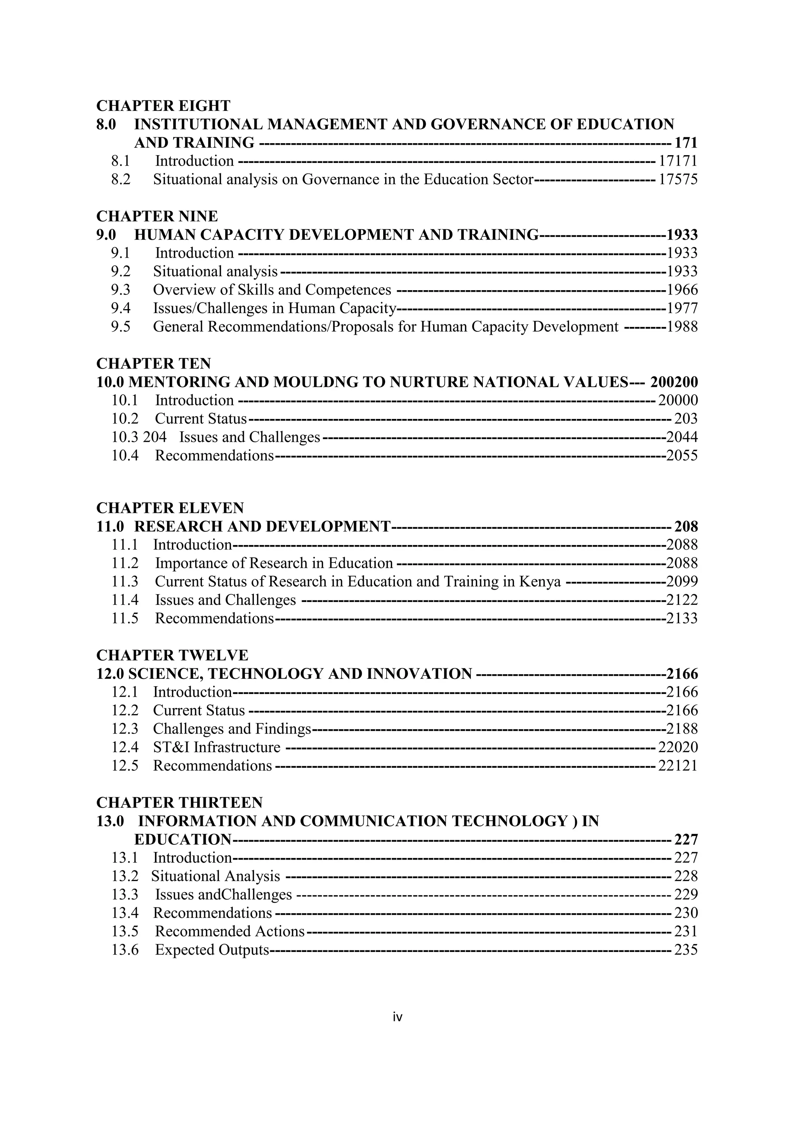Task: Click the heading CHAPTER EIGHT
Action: [x=163, y=106]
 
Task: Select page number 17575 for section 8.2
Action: [x=677, y=180]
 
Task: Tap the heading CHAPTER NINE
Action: [x=157, y=216]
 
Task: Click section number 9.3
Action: [x=120, y=290]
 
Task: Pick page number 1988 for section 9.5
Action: [x=682, y=327]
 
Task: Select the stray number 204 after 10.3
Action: [x=155, y=437]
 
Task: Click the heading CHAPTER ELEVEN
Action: [x=170, y=508]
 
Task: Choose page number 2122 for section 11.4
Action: [x=682, y=600]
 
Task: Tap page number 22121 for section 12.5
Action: [x=677, y=766]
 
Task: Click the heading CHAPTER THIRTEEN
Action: [x=179, y=803]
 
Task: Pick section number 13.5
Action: [x=125, y=932]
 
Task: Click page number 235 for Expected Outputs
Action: [x=686, y=950]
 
